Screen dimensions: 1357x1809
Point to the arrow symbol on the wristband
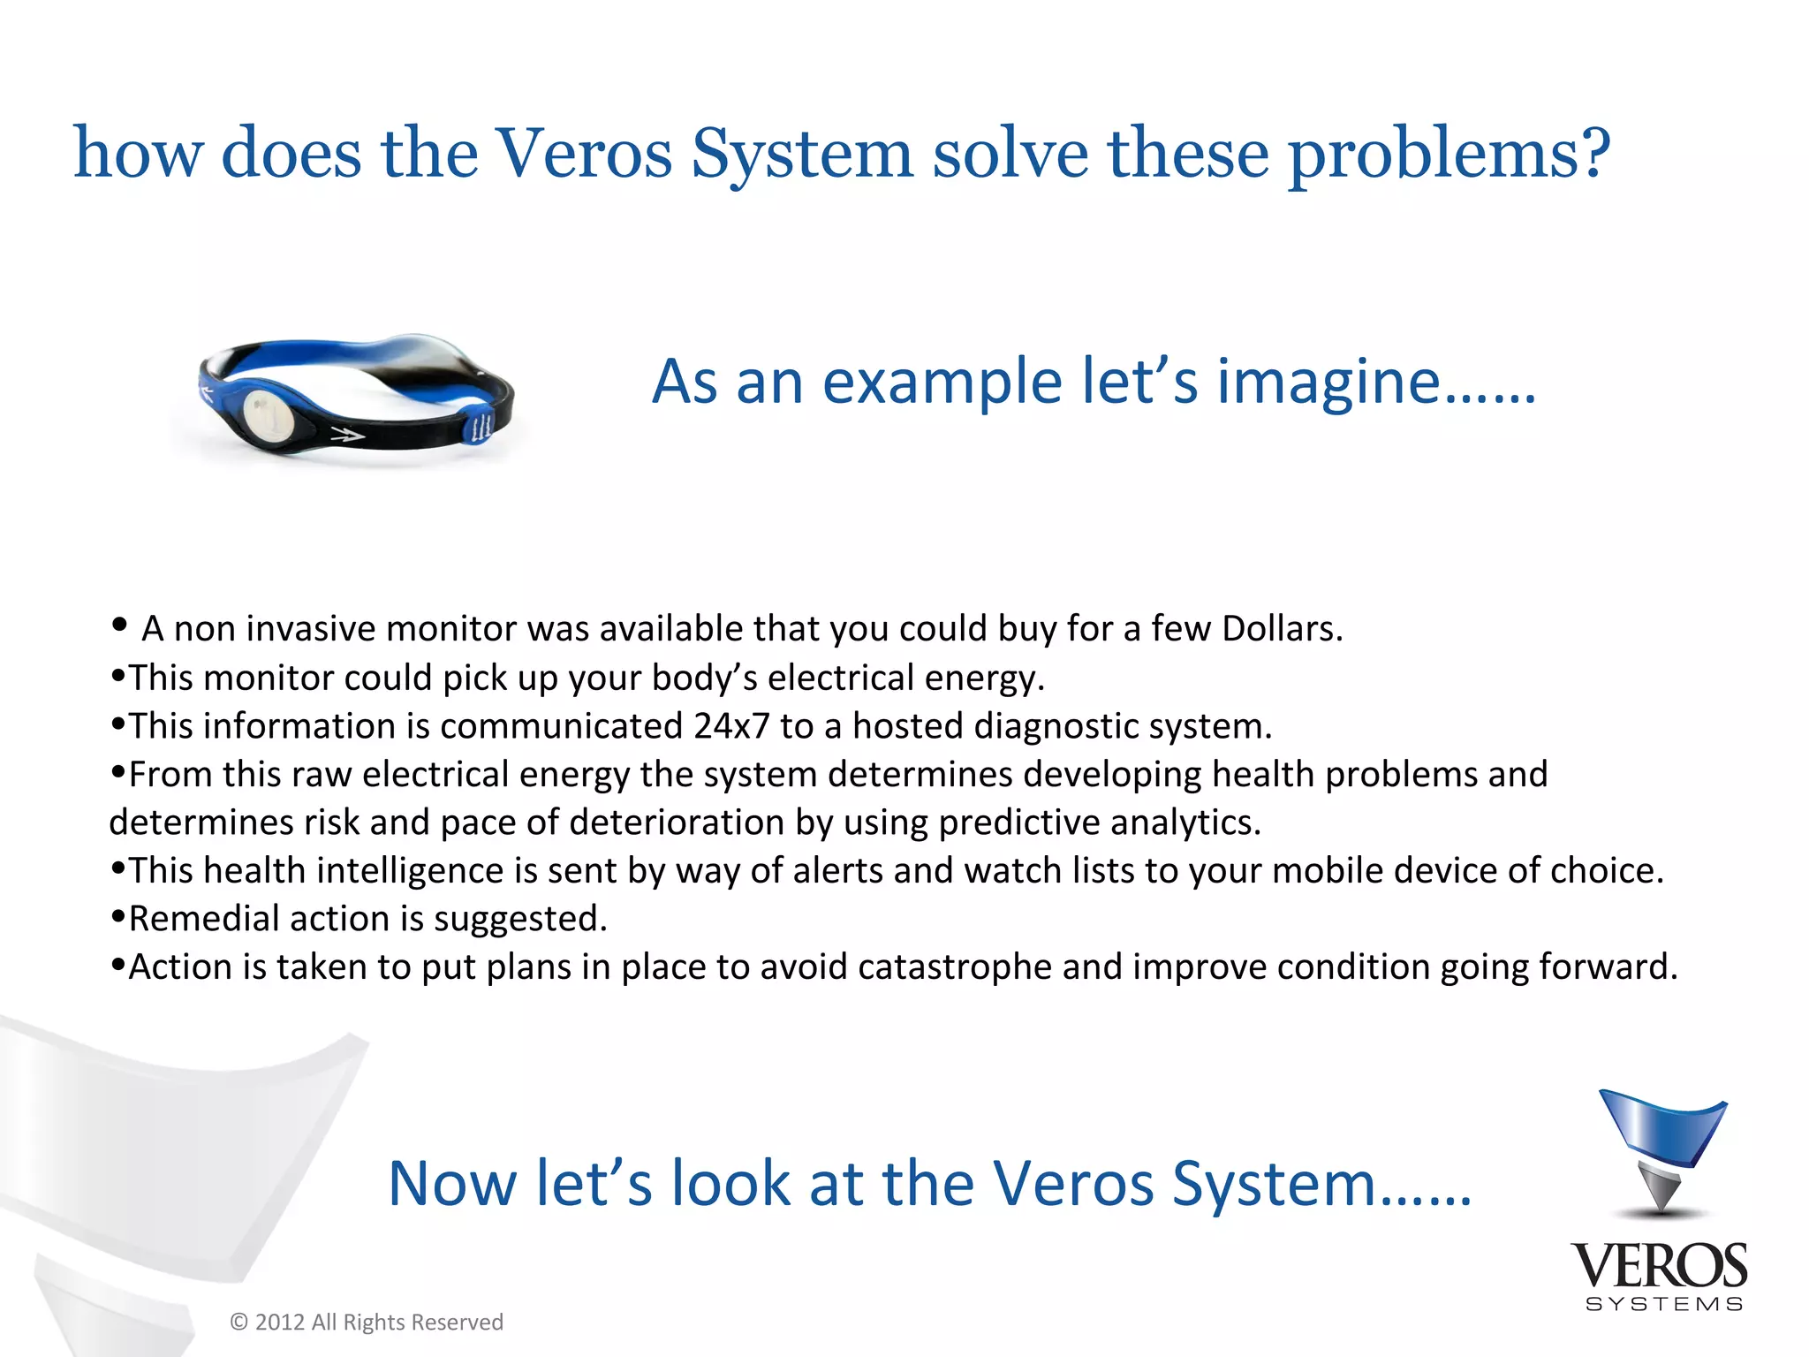pos(346,435)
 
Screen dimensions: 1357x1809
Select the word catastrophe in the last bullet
pos(955,967)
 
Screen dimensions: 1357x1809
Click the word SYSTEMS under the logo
pos(1664,1304)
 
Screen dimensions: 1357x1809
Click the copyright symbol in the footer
pos(238,1323)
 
